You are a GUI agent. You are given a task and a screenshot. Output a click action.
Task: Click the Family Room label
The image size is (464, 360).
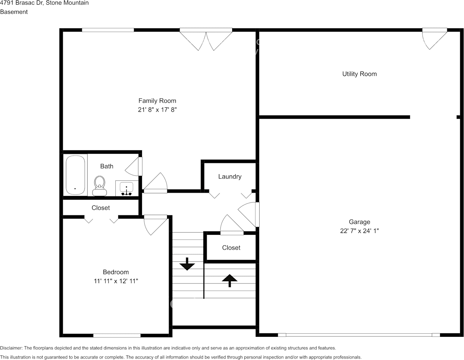point(157,101)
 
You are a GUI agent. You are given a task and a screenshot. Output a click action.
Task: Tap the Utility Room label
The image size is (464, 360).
point(359,74)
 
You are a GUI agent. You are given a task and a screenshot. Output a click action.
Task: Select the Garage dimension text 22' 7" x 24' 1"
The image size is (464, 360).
point(359,231)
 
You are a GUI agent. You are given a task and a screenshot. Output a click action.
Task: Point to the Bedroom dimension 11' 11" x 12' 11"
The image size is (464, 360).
point(116,281)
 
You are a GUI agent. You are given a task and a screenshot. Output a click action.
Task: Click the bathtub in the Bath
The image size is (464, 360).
point(75,175)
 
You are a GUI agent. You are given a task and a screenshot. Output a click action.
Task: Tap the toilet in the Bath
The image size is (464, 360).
point(100,185)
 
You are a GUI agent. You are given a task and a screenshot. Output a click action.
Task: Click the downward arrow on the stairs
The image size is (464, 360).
point(187,264)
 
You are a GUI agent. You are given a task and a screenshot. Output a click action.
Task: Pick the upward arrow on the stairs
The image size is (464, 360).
point(230,280)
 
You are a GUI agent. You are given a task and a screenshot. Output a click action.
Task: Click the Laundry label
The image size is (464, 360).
point(230,177)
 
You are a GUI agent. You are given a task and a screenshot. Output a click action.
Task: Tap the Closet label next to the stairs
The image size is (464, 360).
point(231,248)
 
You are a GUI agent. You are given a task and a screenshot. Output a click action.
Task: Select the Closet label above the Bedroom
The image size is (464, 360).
point(100,208)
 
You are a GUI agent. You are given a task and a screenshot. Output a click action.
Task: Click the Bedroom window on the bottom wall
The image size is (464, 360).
point(117,335)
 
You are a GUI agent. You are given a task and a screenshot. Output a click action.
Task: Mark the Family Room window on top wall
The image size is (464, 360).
point(108,30)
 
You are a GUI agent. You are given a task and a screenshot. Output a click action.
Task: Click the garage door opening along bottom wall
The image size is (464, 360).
point(359,335)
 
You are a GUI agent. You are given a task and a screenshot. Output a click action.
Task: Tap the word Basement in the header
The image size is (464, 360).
point(14,12)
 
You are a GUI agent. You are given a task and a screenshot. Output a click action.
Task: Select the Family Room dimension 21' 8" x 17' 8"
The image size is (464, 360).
point(157,110)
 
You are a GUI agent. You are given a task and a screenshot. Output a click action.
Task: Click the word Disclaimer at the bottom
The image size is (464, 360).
point(11,348)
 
